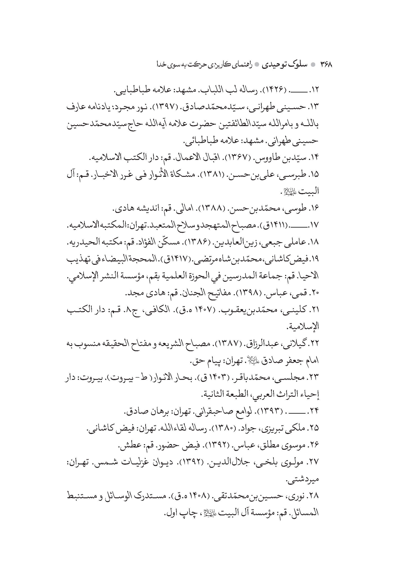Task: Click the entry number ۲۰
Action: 315,293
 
